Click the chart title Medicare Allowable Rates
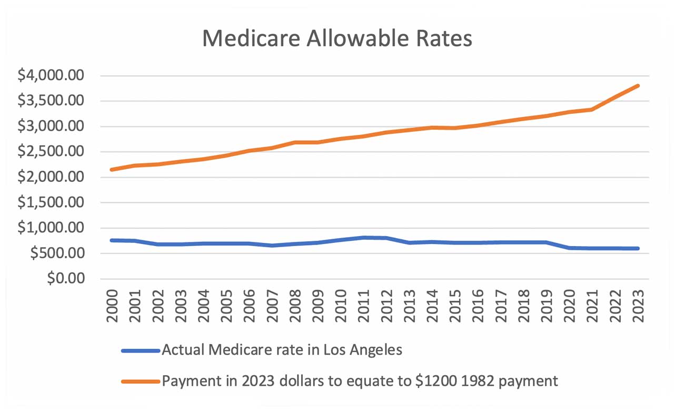pos(337,39)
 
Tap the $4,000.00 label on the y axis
pos(51,76)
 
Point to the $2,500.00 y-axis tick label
pos(51,152)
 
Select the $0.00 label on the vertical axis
pos(65,279)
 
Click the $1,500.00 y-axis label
pos(51,203)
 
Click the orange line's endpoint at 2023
pos(638,86)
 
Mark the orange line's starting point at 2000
pos(112,170)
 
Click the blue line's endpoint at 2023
pos(638,248)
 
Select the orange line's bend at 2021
pos(592,110)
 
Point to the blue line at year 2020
pos(569,248)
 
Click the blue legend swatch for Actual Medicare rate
pos(140,350)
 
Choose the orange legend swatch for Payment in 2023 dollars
pos(140,381)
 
